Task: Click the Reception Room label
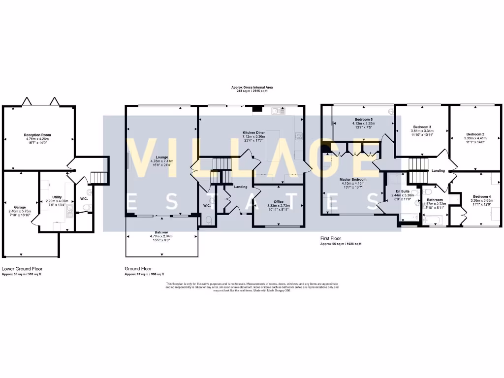click(38, 135)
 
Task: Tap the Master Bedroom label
click(353, 180)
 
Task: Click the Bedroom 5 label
click(364, 120)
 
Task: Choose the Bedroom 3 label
click(422, 127)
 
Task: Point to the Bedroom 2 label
click(475, 134)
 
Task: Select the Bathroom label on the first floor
click(435, 200)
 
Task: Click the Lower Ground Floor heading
click(22, 269)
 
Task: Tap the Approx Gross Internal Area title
click(252, 87)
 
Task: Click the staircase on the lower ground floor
click(100, 177)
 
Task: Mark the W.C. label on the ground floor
click(207, 205)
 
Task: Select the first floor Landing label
click(438, 171)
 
